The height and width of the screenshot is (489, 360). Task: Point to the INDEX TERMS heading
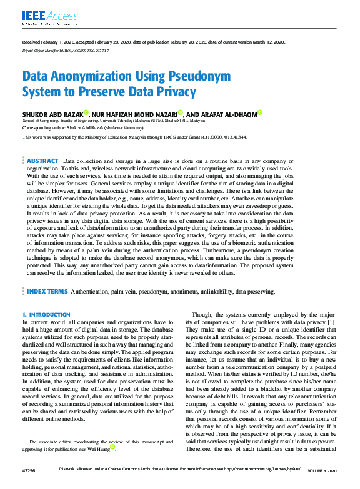[47, 292]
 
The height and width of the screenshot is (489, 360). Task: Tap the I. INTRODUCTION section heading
[42, 314]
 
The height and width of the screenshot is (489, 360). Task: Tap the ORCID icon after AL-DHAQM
[260, 112]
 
